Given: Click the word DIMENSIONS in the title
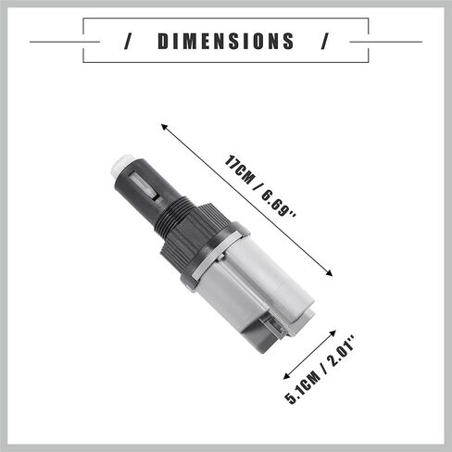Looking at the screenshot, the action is (226, 42).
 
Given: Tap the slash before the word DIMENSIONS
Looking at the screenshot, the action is (128, 42).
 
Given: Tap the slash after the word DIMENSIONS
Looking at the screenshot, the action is (324, 42).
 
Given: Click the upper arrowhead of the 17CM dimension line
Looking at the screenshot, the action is (164, 127).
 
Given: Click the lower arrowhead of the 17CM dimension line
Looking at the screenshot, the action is (329, 273).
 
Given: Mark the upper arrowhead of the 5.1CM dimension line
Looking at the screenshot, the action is (333, 333).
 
